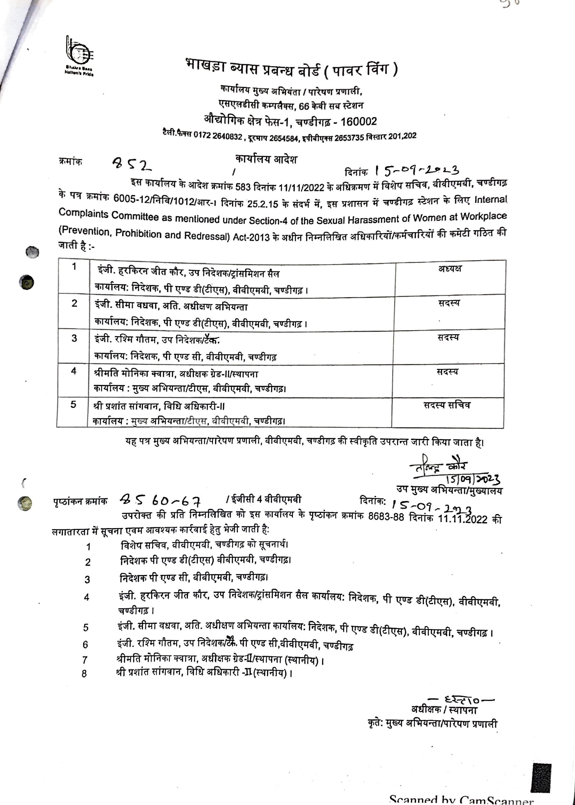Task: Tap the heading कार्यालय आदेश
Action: coord(266,159)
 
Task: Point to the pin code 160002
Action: coord(358,121)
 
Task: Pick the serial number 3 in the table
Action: coord(74,338)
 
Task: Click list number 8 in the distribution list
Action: coord(84,673)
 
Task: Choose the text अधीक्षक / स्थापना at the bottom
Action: coord(444,710)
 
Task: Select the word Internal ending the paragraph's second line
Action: coord(490,200)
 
